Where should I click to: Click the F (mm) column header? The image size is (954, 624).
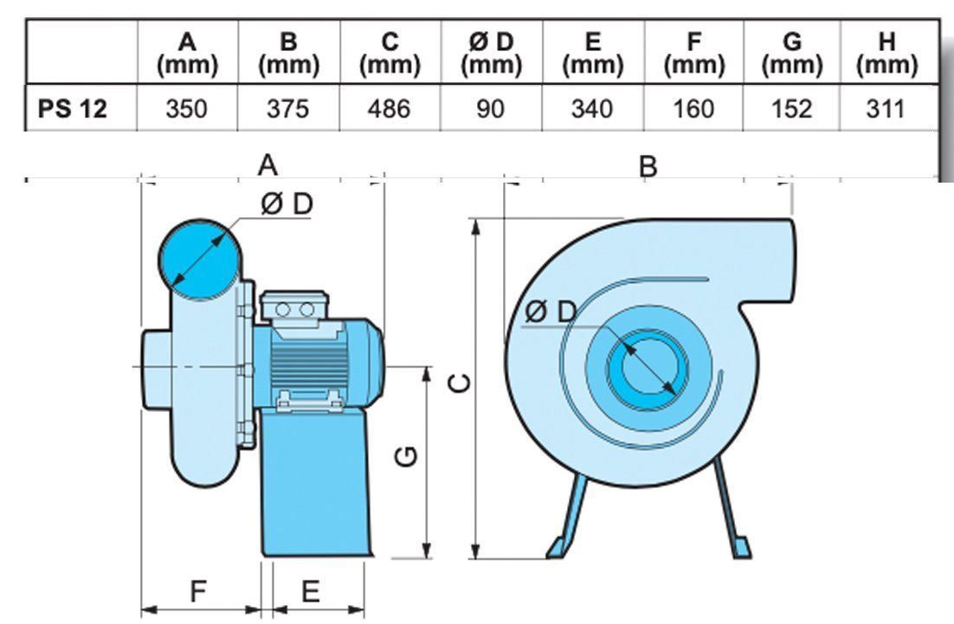click(x=691, y=53)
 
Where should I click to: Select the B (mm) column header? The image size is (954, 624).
click(x=289, y=53)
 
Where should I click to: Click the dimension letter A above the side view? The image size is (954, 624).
click(x=269, y=164)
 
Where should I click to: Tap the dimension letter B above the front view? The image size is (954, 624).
click(x=648, y=165)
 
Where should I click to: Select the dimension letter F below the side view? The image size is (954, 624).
click(x=198, y=591)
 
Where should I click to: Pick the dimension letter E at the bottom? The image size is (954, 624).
click(x=311, y=591)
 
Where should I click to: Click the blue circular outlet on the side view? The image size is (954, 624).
click(x=198, y=256)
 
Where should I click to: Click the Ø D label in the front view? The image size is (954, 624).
click(x=550, y=312)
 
